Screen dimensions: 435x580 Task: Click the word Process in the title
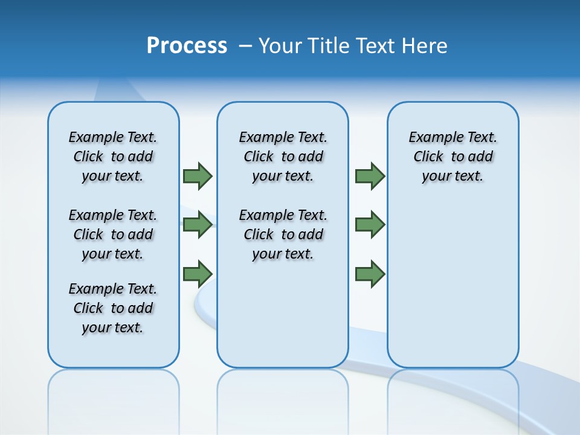[x=187, y=46]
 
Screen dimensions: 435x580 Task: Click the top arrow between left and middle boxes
[x=197, y=176]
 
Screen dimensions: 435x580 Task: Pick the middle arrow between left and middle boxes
[x=197, y=224]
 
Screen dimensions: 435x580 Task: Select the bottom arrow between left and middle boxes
[x=197, y=274]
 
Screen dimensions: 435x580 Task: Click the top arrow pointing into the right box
[x=370, y=176]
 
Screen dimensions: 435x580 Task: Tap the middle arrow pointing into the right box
[x=370, y=224]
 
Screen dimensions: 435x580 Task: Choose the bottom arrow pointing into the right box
[x=370, y=274]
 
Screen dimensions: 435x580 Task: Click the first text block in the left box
[x=113, y=156]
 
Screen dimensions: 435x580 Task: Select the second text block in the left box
[x=113, y=234]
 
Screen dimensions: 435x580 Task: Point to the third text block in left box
[x=113, y=308]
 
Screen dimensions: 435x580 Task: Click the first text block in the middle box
[x=283, y=156]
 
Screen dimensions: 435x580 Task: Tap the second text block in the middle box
[x=283, y=234]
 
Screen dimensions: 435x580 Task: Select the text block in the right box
[x=453, y=156]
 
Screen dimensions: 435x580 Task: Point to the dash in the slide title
[x=245, y=46]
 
